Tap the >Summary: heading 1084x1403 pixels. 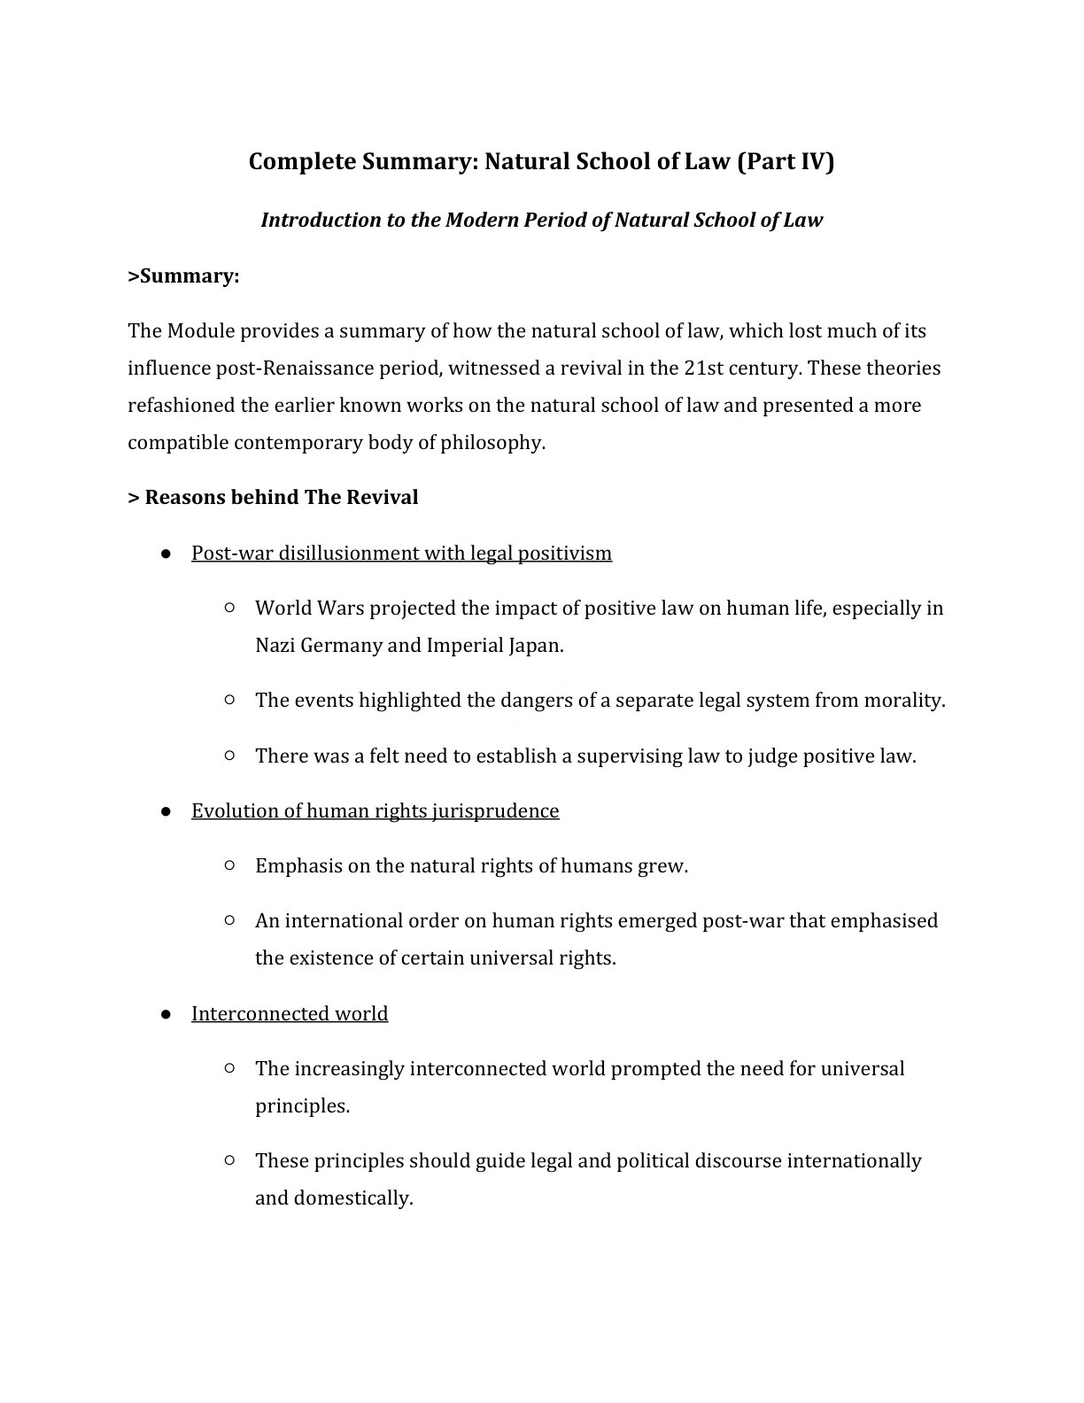(183, 276)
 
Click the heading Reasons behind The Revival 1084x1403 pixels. (273, 497)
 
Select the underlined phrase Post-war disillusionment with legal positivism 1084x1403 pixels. (401, 553)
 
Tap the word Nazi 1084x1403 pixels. (275, 645)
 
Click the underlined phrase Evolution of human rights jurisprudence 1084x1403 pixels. (375, 810)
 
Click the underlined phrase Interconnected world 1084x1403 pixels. (290, 1013)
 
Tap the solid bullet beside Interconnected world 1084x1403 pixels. (166, 1013)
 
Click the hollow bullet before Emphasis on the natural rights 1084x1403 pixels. (229, 865)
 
